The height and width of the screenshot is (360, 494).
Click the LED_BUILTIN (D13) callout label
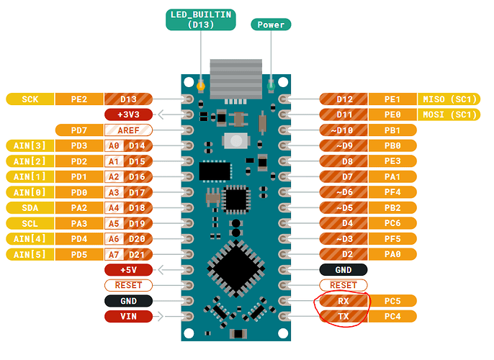pyautogui.click(x=199, y=19)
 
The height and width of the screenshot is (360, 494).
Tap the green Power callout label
pyautogui.click(x=271, y=24)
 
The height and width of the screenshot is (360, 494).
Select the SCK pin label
pyautogui.click(x=30, y=99)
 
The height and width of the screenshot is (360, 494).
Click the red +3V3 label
pyautogui.click(x=127, y=114)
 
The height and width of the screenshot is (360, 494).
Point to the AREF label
pyautogui.click(x=127, y=130)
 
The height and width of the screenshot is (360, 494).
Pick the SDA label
pyautogui.click(x=30, y=207)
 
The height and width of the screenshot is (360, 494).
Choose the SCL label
pyautogui.click(x=30, y=223)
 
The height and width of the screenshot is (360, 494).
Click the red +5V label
pyautogui.click(x=127, y=269)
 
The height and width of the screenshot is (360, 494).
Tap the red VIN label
pyautogui.click(x=127, y=316)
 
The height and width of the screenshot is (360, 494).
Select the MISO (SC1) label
pyautogui.click(x=448, y=99)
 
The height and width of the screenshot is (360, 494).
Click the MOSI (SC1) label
pyautogui.click(x=448, y=114)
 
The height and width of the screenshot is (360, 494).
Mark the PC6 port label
pyautogui.click(x=392, y=223)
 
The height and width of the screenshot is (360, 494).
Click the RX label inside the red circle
pyautogui.click(x=343, y=301)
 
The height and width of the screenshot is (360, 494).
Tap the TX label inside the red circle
pyautogui.click(x=343, y=316)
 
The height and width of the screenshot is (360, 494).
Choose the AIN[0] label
pyautogui.click(x=30, y=192)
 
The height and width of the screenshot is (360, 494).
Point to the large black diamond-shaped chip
pyautogui.click(x=235, y=269)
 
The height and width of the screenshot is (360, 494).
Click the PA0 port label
pyautogui.click(x=392, y=254)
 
